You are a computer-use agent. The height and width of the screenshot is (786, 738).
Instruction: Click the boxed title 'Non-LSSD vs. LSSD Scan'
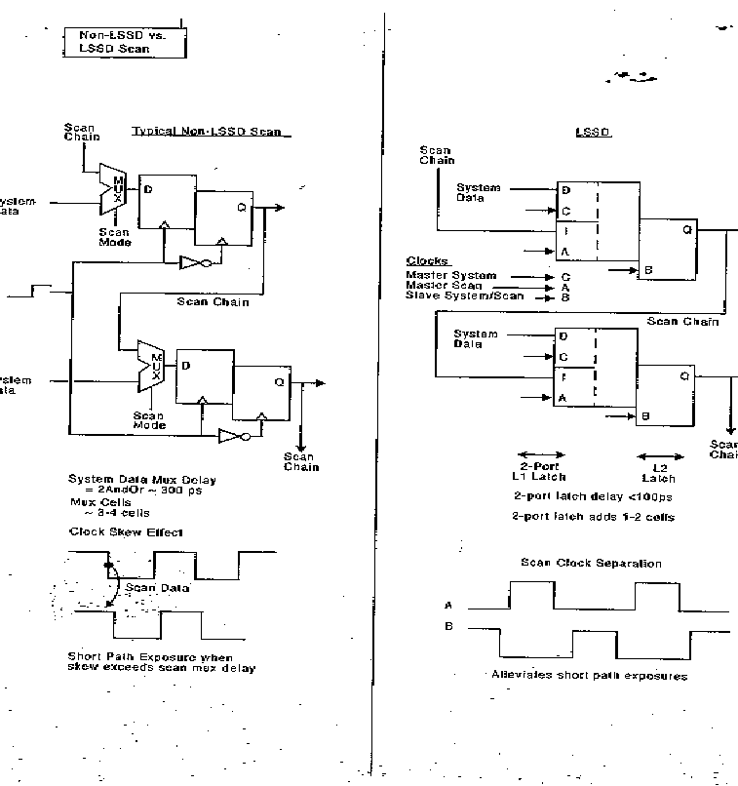121,41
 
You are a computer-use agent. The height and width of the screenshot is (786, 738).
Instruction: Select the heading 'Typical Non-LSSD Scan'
213,132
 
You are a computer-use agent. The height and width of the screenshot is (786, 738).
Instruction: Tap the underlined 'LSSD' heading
593,132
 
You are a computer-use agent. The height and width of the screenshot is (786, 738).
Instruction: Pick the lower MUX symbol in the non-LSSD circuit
151,367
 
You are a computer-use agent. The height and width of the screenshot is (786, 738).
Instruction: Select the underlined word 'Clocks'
427,261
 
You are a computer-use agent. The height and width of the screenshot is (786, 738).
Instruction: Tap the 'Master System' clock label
450,276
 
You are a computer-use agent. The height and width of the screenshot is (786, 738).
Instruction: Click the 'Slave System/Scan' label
465,295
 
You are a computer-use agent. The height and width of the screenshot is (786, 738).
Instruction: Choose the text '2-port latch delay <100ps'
580,496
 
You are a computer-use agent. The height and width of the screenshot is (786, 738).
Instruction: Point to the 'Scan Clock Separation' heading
591,563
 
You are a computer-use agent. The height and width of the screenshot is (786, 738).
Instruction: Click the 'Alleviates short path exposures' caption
589,675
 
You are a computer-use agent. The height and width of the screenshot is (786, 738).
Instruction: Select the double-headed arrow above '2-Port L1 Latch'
538,455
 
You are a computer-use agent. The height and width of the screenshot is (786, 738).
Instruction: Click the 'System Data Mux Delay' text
142,479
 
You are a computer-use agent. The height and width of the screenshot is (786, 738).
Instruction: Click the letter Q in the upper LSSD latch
687,230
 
